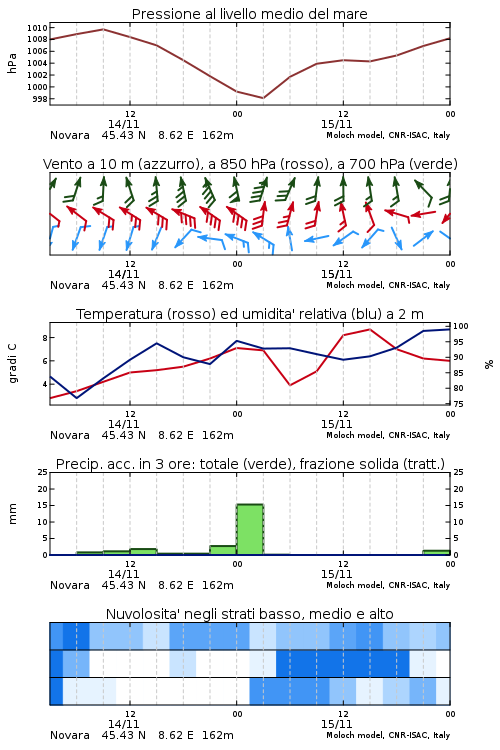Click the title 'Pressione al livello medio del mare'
click(x=249, y=14)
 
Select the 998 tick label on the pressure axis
click(x=40, y=99)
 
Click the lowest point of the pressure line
click(x=263, y=98)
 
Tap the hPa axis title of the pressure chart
click(x=12, y=63)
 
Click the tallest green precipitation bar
click(x=250, y=529)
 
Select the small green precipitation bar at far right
click(x=436, y=552)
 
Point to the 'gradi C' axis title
click(x=12, y=364)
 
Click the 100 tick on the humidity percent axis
click(x=461, y=326)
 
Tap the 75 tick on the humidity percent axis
click(x=458, y=404)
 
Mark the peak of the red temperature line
click(x=369, y=329)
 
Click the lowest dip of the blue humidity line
click(x=77, y=398)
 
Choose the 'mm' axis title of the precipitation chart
click(x=12, y=514)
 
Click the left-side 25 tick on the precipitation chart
click(x=43, y=472)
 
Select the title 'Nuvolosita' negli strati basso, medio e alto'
click(x=249, y=614)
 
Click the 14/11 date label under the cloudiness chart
click(x=123, y=724)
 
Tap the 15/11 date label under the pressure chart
click(x=336, y=124)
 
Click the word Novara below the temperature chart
click(x=70, y=435)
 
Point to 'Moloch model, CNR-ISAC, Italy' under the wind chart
click(x=388, y=286)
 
